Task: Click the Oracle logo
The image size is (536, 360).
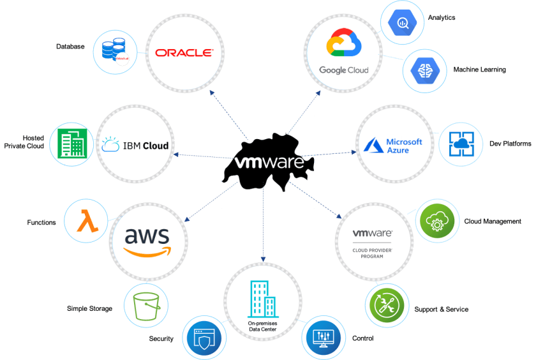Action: (184, 53)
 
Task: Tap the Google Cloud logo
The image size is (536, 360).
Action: (344, 51)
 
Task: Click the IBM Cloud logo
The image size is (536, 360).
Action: (135, 146)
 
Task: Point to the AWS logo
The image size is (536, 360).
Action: (148, 241)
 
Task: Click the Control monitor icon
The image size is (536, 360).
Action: (324, 338)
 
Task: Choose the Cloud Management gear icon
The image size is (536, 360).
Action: (437, 222)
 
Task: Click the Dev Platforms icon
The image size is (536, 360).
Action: (460, 144)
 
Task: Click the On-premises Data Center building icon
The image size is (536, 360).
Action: (262, 301)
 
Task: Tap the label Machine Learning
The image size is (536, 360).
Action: (479, 70)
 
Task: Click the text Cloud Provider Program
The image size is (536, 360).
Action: (372, 253)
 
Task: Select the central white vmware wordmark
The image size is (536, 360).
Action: (269, 163)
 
